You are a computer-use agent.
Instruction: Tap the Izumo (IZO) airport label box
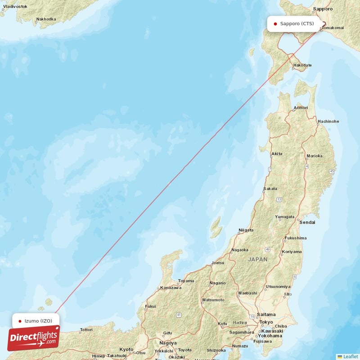(36, 321)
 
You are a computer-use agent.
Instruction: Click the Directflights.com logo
(34, 338)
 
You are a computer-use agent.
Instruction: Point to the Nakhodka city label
(46, 19)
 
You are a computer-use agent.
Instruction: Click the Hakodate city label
(302, 65)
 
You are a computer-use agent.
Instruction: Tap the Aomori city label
(301, 108)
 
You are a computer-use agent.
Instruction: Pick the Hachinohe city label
(328, 121)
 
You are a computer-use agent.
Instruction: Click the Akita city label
(277, 154)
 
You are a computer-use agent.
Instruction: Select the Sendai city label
(308, 222)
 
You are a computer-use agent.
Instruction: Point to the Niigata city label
(246, 230)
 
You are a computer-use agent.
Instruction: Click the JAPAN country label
(258, 260)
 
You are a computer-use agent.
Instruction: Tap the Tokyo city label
(266, 322)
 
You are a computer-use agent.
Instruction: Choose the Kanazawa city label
(171, 288)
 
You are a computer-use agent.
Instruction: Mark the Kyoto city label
(126, 349)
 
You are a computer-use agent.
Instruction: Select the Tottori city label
(86, 330)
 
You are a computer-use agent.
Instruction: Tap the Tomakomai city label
(333, 28)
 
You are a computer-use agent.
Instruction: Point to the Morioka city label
(315, 156)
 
